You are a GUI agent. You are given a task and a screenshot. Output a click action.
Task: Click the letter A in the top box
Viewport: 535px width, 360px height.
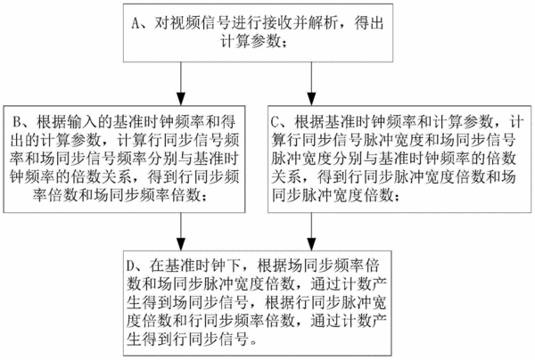click(136, 23)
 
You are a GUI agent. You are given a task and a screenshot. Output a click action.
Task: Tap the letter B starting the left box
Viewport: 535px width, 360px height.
click(16, 121)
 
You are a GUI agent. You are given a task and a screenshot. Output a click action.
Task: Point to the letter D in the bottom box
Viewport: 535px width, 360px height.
click(130, 266)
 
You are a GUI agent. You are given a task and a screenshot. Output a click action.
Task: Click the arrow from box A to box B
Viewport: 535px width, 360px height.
click(180, 84)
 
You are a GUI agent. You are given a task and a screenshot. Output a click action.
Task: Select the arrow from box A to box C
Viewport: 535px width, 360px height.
click(311, 84)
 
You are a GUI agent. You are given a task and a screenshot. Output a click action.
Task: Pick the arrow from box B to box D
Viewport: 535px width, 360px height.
click(180, 232)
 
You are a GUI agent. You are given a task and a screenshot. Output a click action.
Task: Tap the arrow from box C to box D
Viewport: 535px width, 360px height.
click(311, 232)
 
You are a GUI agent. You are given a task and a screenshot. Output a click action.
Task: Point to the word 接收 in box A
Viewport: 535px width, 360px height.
click(276, 23)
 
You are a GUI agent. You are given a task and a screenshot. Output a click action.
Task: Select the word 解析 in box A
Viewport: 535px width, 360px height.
click(322, 23)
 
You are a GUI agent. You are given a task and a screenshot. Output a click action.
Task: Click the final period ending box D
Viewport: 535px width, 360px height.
click(252, 342)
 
